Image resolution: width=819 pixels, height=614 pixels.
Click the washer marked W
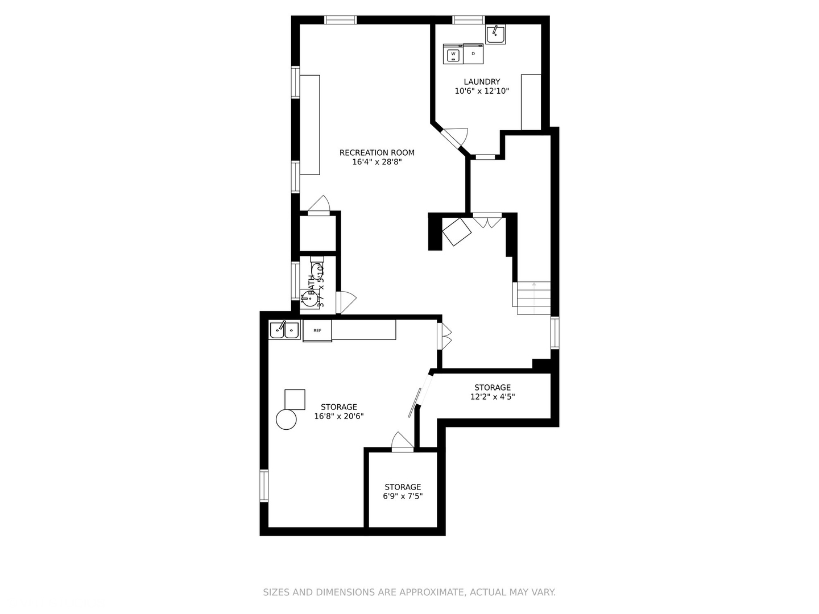[x=453, y=55]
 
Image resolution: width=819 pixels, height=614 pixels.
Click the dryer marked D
[x=473, y=54]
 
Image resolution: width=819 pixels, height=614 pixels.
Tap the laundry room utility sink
[x=495, y=35]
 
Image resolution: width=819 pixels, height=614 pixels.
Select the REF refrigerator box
[x=317, y=330]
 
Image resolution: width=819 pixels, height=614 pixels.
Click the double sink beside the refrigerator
[x=284, y=330]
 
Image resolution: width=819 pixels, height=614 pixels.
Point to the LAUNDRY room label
[x=482, y=82]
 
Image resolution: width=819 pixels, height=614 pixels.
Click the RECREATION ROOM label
[x=377, y=152]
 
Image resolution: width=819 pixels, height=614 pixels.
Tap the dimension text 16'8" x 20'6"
[x=339, y=416]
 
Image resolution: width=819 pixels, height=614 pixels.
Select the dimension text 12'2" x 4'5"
[x=493, y=397]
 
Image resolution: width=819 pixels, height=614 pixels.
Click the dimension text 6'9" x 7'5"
[x=403, y=496]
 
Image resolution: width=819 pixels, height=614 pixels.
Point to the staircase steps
[x=533, y=298]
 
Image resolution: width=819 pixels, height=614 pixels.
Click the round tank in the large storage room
[x=286, y=420]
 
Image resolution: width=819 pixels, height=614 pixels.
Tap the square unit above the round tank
[x=295, y=400]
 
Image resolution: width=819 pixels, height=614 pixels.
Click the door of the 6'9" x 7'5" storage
[x=402, y=442]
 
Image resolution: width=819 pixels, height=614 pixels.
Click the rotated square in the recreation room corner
[x=457, y=232]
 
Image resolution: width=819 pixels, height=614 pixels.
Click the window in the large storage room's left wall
[x=264, y=486]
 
